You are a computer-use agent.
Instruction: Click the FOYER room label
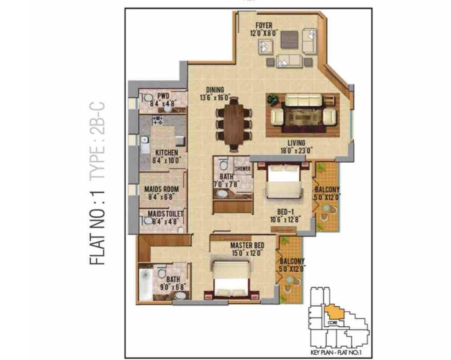coord(264,25)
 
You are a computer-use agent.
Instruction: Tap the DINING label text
coord(215,90)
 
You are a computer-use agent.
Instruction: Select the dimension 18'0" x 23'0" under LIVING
coord(296,150)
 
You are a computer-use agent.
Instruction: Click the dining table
coord(234,124)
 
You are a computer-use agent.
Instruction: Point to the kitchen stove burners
coord(158,120)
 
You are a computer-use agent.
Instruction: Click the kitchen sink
coord(145,145)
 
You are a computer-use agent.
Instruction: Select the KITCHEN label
coord(167,153)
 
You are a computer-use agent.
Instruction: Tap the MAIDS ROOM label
coord(161,189)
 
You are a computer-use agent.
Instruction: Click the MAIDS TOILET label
coord(165,214)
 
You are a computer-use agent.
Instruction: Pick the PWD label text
coord(163,95)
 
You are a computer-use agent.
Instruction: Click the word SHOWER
coord(243,168)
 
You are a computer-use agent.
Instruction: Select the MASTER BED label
coord(247,246)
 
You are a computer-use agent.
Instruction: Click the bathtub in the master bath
coord(146,285)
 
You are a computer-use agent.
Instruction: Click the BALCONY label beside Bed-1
coord(327,190)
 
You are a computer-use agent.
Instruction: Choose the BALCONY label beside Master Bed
coord(292,261)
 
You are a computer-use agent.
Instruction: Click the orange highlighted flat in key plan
coord(334,312)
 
